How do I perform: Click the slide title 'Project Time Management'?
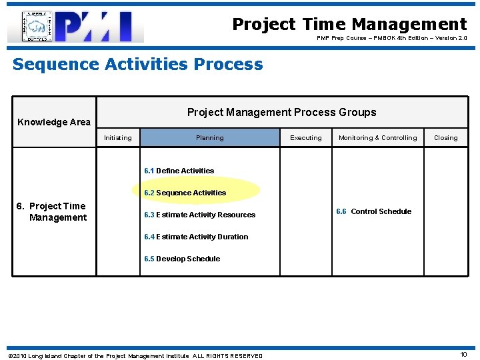(349, 24)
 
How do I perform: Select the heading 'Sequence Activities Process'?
(138, 65)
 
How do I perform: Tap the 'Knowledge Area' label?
(54, 122)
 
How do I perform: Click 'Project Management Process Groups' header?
(281, 112)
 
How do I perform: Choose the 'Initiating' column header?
(118, 138)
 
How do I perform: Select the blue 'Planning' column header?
(210, 138)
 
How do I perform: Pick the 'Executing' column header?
(306, 138)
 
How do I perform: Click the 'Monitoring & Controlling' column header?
(377, 138)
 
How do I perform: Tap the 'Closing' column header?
(445, 138)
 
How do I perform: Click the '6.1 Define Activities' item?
(179, 171)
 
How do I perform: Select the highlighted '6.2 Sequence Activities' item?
(185, 193)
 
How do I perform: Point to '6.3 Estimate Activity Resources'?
(200, 215)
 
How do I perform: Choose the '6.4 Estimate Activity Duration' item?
(196, 237)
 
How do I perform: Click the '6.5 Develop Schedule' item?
(182, 259)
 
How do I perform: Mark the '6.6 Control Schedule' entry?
(374, 211)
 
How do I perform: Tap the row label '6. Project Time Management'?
(52, 211)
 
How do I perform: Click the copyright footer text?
(135, 356)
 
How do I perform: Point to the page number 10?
(463, 355)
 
